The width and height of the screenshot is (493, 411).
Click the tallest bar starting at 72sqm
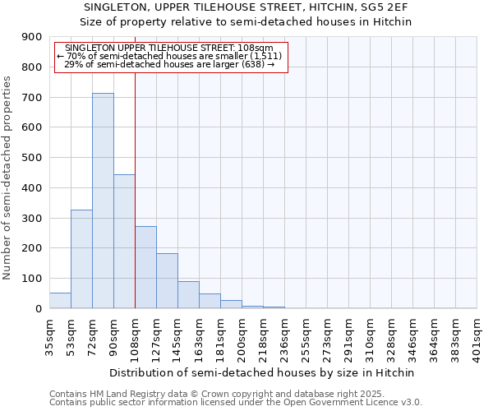click(103, 201)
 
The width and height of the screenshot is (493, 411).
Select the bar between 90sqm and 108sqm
click(124, 242)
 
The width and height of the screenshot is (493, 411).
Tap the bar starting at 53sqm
click(81, 259)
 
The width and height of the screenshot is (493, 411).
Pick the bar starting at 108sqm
click(145, 267)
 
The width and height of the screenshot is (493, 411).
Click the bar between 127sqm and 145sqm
click(167, 281)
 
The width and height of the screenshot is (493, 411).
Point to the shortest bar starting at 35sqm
click(60, 301)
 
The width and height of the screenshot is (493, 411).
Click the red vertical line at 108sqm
click(135, 181)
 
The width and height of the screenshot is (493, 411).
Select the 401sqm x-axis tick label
click(477, 337)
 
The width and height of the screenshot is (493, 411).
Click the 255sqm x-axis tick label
click(306, 337)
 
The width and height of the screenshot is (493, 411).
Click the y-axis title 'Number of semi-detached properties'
click(8, 178)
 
